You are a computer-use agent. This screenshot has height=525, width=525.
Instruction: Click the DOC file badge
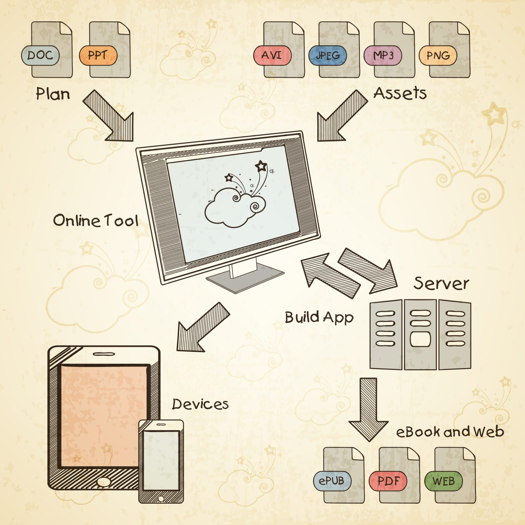tap(40, 55)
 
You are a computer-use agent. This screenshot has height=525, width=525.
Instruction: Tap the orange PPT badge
tap(98, 55)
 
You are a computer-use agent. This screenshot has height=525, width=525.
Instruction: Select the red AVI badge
tap(272, 55)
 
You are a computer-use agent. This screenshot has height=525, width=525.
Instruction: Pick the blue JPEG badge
tap(327, 55)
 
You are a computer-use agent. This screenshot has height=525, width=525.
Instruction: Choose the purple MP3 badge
tap(383, 55)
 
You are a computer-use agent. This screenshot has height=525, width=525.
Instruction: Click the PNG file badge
tap(438, 55)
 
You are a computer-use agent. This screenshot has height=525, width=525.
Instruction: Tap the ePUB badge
tap(332, 481)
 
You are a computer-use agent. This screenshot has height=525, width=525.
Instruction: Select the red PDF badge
tap(388, 481)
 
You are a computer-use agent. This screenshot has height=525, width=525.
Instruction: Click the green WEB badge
tap(443, 481)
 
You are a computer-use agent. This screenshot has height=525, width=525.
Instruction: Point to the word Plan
tap(53, 94)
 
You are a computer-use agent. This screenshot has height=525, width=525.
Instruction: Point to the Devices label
tap(200, 404)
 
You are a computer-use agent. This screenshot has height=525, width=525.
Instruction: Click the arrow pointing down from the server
tap(368, 408)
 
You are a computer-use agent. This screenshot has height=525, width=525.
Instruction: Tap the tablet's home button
tap(104, 481)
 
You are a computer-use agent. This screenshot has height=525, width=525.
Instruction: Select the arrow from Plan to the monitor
tap(110, 117)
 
